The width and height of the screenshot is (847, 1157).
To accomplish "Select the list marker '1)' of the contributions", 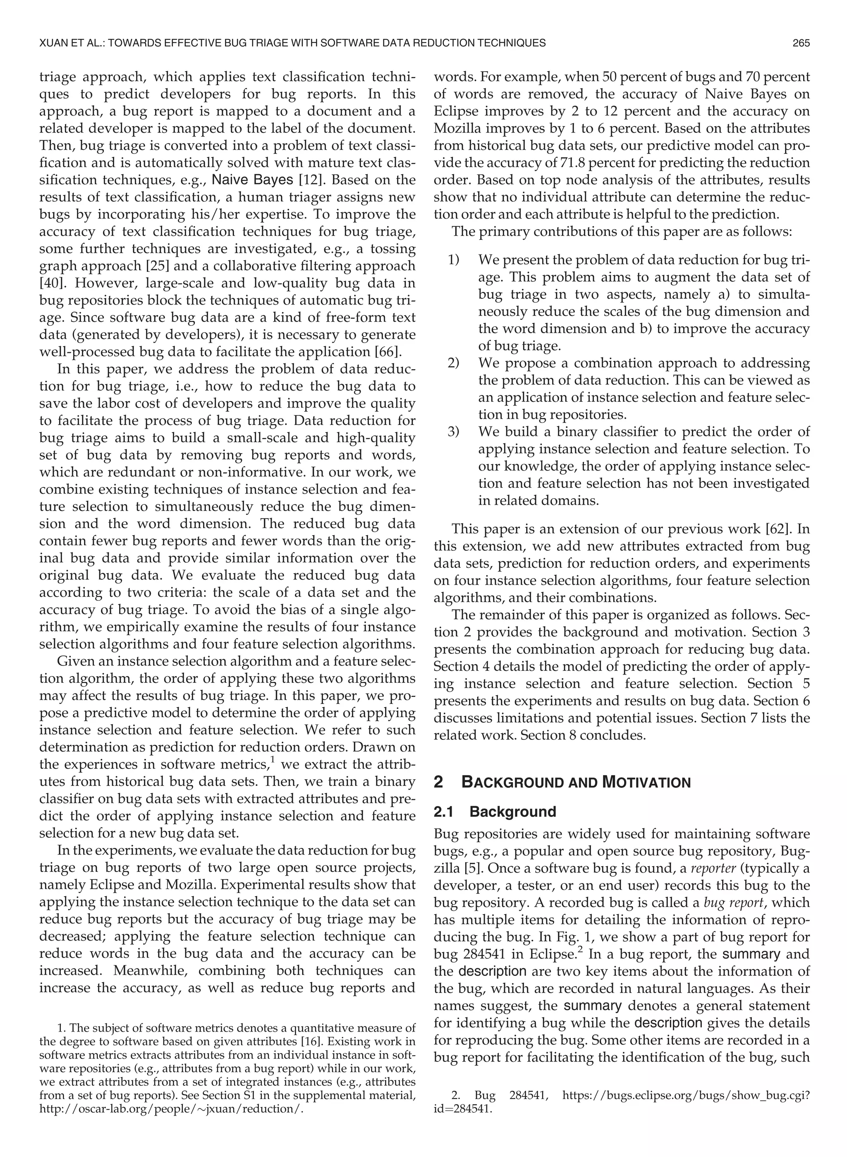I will click(x=453, y=260).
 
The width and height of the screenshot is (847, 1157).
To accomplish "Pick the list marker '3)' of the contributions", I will click(x=453, y=432).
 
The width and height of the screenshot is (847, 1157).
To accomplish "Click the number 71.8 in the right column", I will click(x=561, y=163).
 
